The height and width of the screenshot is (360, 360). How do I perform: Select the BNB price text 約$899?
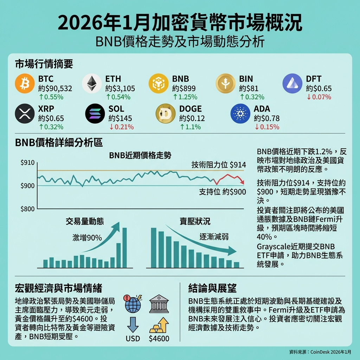[x=184, y=89]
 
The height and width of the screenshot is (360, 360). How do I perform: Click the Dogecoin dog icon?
[x=166, y=113]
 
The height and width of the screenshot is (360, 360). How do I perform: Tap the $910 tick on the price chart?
[x=28, y=163]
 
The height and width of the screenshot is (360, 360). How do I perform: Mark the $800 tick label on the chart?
[x=28, y=209]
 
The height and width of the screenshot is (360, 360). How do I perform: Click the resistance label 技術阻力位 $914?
[x=219, y=165]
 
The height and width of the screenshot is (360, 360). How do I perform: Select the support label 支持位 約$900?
[x=222, y=192]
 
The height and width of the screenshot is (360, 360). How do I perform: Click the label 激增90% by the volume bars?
[x=87, y=238]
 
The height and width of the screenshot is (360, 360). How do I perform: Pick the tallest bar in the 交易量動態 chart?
[x=124, y=248]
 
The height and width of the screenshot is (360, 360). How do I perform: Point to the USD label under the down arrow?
[x=133, y=339]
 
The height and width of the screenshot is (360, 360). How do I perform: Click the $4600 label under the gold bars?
[x=159, y=339]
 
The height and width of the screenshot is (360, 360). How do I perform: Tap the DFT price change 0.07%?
[x=321, y=97]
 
